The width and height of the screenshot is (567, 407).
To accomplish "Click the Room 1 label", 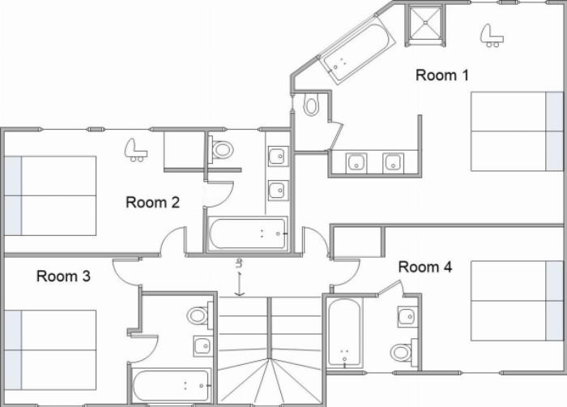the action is (x=442, y=75).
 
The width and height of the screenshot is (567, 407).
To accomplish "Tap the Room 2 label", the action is (x=152, y=202).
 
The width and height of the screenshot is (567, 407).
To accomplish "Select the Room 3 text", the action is (x=63, y=276).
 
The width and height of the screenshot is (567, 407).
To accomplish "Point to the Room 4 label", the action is (x=425, y=267).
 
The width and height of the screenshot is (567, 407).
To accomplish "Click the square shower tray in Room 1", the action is (x=425, y=22).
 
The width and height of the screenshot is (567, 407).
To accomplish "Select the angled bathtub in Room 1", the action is (x=357, y=50).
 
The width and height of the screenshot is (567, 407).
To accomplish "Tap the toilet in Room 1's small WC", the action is (x=311, y=105).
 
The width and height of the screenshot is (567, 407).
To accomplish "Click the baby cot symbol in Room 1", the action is (x=492, y=36).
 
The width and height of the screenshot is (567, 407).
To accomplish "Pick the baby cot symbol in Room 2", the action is (x=135, y=150).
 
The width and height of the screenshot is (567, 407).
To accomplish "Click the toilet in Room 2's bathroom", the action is (x=220, y=149).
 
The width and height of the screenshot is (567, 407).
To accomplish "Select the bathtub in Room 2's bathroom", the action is (x=248, y=234).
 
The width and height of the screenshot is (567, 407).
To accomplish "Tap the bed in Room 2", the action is (x=50, y=196).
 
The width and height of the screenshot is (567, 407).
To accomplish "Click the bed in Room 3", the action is (x=50, y=349).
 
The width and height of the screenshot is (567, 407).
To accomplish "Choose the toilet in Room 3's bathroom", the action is (x=199, y=315).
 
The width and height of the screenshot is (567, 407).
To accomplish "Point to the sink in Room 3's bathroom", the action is (x=202, y=346).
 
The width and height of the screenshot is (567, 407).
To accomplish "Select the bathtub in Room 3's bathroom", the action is (x=171, y=386).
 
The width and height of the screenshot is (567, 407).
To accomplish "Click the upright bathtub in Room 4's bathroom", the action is (x=344, y=332).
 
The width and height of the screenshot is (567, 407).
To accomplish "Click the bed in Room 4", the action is (x=517, y=301).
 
